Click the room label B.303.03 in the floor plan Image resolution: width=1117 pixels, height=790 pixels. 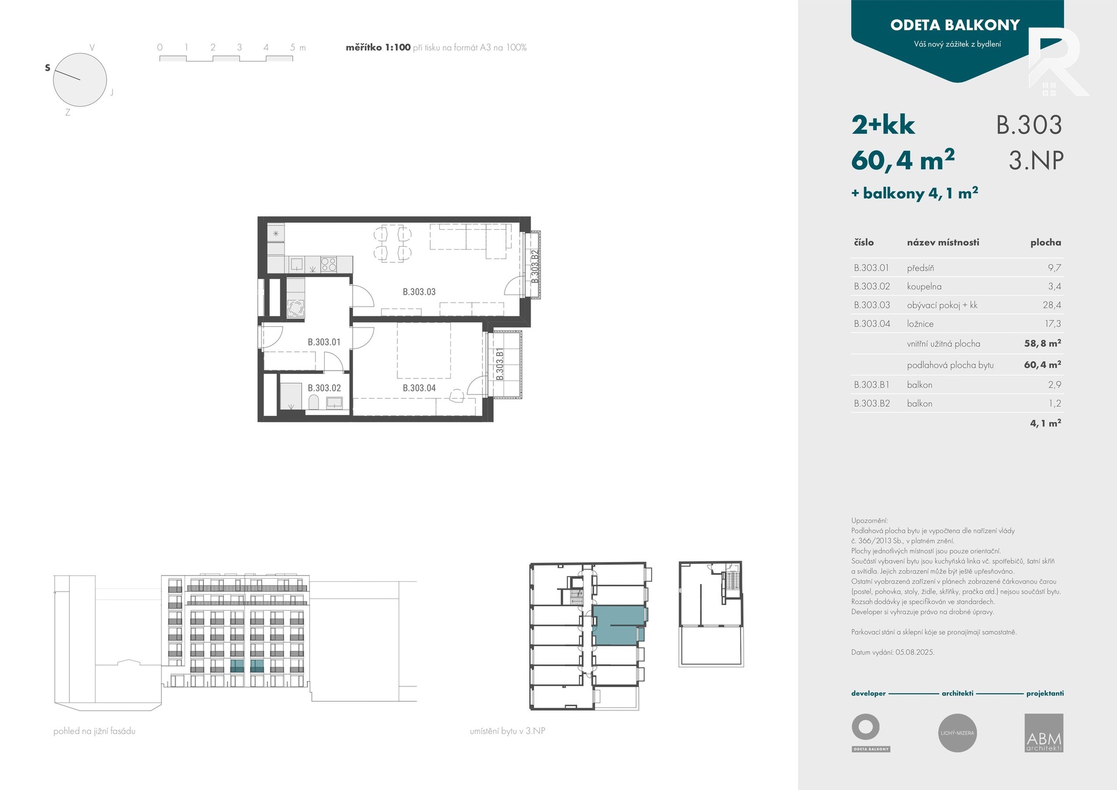[419, 292]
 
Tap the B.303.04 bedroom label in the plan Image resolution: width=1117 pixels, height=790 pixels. [419, 388]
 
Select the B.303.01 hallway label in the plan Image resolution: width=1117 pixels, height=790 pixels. [324, 342]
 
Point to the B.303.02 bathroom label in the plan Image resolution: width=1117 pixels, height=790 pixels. [324, 388]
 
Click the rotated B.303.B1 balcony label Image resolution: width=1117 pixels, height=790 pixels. [500, 365]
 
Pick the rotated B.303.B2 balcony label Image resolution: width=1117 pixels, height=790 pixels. [535, 266]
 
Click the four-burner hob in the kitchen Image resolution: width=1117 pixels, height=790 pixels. [329, 265]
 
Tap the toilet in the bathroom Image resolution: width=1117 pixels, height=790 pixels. [314, 402]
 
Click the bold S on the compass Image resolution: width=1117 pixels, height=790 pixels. [48, 67]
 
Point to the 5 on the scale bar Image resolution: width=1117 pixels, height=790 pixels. [293, 48]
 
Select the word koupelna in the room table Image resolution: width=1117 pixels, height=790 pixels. [924, 286]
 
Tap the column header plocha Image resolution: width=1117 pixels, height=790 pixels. [1045, 242]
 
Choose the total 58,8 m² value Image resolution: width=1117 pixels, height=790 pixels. [1043, 343]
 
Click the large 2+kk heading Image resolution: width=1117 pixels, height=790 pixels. [883, 125]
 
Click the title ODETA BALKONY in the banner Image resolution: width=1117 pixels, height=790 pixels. [955, 25]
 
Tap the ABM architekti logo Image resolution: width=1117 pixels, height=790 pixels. [1044, 733]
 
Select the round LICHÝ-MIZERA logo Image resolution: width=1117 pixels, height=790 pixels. [958, 733]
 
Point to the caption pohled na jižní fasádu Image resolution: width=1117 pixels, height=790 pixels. [94, 731]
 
